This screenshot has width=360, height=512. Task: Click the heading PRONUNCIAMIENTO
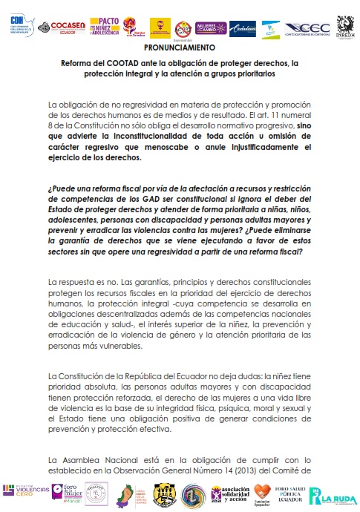click(180, 47)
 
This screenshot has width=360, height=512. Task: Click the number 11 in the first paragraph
click(281, 114)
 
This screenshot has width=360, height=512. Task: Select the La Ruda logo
click(332, 495)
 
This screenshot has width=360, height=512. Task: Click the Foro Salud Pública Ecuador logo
click(291, 493)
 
